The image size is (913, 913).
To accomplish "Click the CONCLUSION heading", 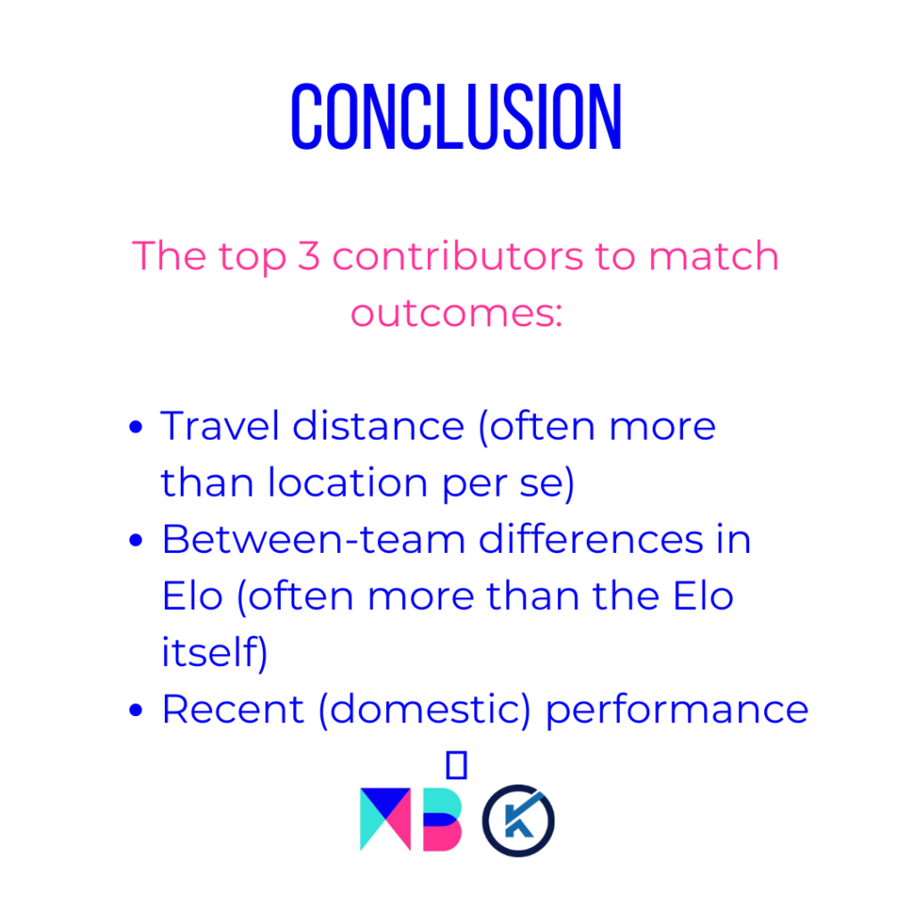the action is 456,117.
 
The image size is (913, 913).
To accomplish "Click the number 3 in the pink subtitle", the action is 309,256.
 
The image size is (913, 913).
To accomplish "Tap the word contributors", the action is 457,256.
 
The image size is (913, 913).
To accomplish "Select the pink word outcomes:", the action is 456,313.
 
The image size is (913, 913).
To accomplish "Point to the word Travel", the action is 220,425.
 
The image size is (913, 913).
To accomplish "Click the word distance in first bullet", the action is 378,425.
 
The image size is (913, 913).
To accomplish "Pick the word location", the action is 348,482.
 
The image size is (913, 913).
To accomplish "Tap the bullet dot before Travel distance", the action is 136,427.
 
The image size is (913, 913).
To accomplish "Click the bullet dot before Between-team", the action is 136,540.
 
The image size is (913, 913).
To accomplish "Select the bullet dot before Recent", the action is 136,711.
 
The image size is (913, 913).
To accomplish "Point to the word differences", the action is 591,539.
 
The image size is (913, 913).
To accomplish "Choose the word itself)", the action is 214,653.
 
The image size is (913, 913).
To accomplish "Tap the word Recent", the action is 233,709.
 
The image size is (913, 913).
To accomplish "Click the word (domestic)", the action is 424,710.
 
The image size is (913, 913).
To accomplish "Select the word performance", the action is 677,711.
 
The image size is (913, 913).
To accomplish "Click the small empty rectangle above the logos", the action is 456,764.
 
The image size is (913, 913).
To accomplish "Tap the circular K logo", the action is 518,820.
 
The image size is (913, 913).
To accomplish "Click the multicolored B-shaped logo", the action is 442,819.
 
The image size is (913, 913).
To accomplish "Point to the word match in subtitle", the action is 714,256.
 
